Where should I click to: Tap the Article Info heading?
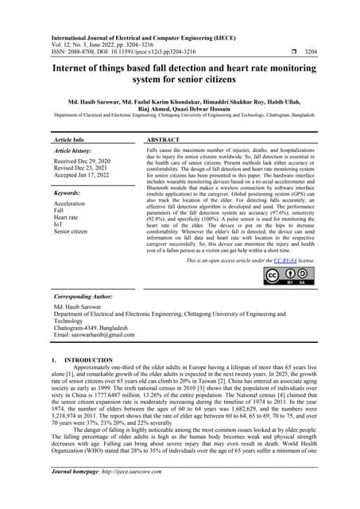click(x=67, y=138)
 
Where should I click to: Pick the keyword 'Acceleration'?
click(x=71, y=203)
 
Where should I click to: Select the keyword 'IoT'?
click(x=58, y=223)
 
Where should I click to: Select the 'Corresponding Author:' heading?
click(x=79, y=294)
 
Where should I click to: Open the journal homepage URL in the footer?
click(x=145, y=494)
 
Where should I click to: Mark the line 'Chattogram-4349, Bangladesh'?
click(x=95, y=328)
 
